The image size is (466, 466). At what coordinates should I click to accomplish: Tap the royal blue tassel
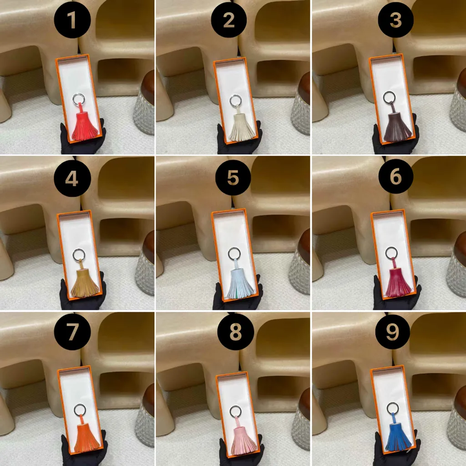(x=399, y=434)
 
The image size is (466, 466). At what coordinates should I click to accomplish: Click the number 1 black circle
(x=72, y=20)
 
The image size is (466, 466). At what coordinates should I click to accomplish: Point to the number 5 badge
(x=233, y=177)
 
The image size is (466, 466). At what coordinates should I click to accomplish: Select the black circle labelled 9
(x=393, y=331)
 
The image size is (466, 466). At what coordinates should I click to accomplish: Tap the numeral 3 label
(x=395, y=20)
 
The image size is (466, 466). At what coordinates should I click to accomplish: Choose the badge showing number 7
(x=72, y=332)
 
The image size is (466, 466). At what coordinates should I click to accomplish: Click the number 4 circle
(x=72, y=178)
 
